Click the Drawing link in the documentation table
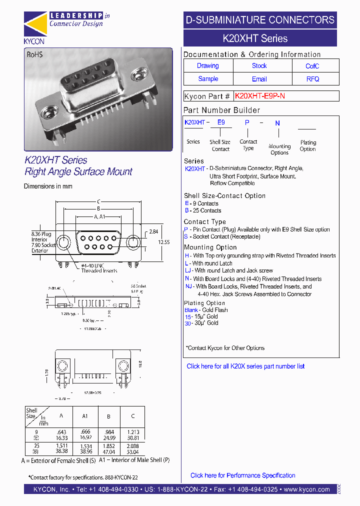click(207, 65)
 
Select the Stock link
click(259, 65)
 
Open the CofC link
click(312, 66)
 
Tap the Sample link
click(208, 79)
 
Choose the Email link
click(259, 79)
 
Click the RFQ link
click(312, 79)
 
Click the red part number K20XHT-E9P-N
click(259, 96)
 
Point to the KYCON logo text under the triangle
click(34, 41)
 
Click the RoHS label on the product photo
click(34, 55)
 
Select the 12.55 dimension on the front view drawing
click(151, 242)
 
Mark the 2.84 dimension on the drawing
click(153, 231)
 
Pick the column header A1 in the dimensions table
click(84, 415)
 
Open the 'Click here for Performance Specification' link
click(242, 475)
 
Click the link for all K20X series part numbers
click(245, 366)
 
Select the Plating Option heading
click(204, 303)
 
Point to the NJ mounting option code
click(188, 286)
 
